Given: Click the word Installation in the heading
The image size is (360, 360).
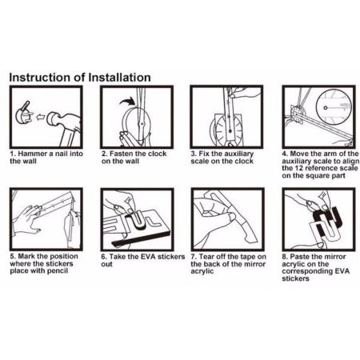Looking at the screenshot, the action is tap(119, 78).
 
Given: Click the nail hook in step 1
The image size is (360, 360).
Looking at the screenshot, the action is tap(25, 115).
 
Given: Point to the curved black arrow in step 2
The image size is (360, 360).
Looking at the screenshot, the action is tap(127, 102).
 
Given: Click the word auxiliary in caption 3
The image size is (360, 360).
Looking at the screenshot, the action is tap(238, 154).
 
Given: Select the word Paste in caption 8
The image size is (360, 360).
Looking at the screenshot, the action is tap(299, 257).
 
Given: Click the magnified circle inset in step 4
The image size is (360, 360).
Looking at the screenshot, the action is tap(334, 108).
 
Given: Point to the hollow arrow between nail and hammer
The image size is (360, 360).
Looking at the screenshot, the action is tap(40, 117).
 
